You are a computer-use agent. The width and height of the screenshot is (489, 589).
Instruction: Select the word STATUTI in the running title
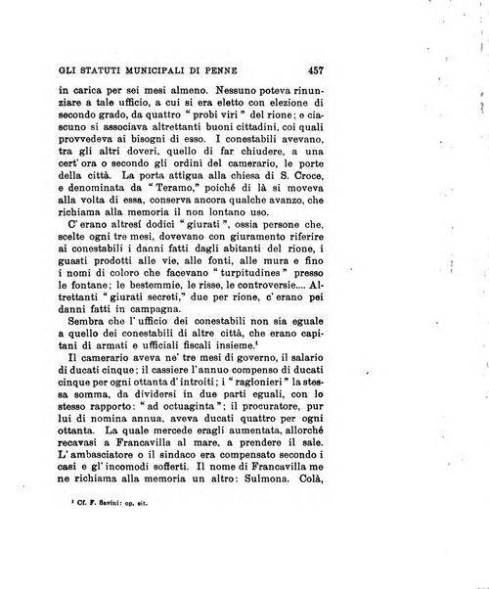coord(90,70)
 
